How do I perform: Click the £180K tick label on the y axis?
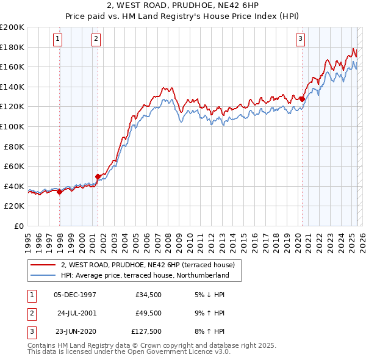point(12,47)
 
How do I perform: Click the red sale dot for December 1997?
point(59,192)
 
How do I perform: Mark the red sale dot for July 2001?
point(98,177)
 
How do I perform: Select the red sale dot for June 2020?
point(302,99)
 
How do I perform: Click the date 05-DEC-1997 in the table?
point(75,295)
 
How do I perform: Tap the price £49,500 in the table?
point(148,313)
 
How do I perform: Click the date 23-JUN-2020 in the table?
point(75,331)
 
